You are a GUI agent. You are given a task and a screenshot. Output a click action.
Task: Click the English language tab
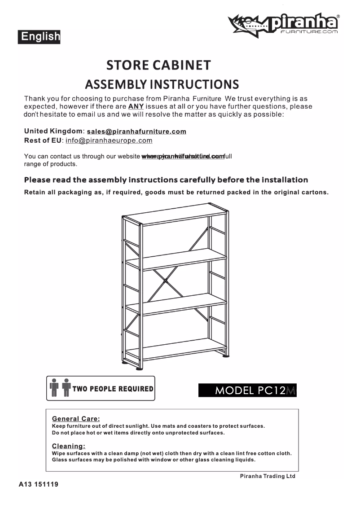[x=39, y=36]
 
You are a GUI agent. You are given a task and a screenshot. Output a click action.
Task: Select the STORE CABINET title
[x=158, y=66]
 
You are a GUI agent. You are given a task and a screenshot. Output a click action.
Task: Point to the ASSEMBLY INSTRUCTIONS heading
[x=162, y=84]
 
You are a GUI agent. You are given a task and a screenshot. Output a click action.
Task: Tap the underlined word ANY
[x=136, y=106]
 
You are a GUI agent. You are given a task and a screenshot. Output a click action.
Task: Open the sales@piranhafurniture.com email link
[x=136, y=132]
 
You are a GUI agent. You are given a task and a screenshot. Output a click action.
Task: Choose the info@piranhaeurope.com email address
[x=109, y=140]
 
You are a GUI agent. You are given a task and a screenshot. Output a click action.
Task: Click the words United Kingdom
[x=53, y=131]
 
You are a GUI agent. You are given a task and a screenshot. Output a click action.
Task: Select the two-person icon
[x=60, y=388]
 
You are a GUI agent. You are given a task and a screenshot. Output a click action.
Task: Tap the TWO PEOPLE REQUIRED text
[x=113, y=389]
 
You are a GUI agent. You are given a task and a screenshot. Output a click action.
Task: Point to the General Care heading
[x=76, y=419]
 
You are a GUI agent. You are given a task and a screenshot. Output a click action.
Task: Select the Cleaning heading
[x=68, y=446]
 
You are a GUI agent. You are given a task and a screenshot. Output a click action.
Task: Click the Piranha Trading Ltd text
[x=268, y=476]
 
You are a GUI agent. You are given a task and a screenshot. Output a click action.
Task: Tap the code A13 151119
[x=39, y=485]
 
